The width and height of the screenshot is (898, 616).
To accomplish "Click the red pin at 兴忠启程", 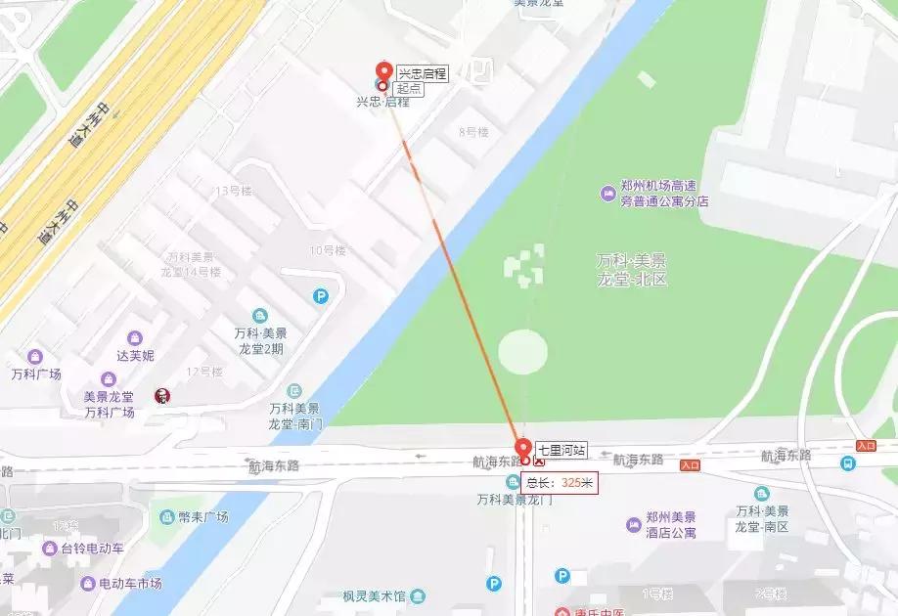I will [x=383, y=72].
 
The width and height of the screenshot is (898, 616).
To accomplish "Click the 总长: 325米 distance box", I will [x=560, y=482].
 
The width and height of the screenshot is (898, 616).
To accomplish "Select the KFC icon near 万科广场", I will [x=162, y=395].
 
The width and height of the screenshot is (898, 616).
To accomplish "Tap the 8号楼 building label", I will [x=472, y=131].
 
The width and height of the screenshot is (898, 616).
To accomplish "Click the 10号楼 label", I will [x=328, y=250].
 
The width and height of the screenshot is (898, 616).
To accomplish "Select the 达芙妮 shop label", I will [x=135, y=355].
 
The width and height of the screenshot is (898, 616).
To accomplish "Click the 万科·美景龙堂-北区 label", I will [x=632, y=270].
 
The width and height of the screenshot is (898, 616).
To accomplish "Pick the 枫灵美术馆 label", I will [x=376, y=594].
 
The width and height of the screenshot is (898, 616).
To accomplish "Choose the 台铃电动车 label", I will [x=92, y=549].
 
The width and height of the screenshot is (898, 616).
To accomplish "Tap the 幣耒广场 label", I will [x=202, y=516].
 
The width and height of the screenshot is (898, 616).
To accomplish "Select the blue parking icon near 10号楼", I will [x=321, y=296].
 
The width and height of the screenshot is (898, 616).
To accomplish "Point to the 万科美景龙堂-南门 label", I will [x=294, y=416].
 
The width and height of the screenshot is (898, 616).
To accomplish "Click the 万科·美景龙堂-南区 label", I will [x=763, y=519].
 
